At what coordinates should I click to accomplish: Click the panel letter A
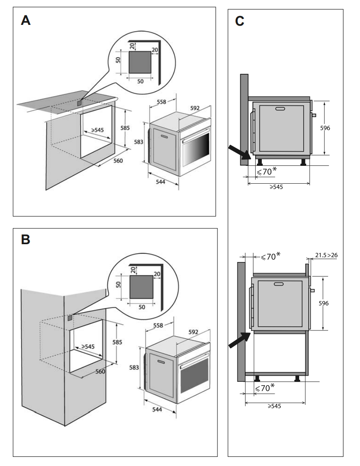[26, 21]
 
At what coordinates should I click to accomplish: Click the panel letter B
[26, 240]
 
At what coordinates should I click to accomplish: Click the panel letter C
[239, 22]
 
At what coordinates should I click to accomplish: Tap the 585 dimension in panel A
[125, 128]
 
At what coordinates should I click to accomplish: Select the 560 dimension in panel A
[118, 161]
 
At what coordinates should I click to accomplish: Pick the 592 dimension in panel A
[195, 108]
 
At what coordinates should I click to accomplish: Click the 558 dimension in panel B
[158, 326]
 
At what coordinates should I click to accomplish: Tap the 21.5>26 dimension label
[326, 255]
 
